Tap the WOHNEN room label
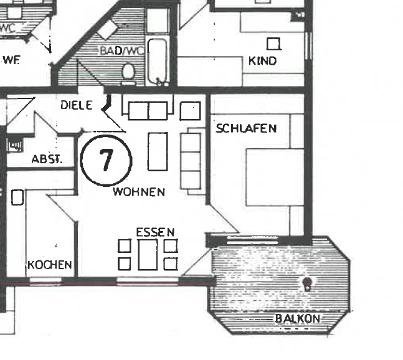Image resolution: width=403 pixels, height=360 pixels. tap(139, 192)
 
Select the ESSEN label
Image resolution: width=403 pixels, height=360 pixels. tap(155, 232)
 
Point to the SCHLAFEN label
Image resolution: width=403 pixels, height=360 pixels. tap(246, 129)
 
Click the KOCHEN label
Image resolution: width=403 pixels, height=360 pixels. tap(50, 265)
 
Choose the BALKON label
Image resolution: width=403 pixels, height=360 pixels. tap(297, 318)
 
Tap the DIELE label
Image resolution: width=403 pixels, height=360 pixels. tap(76, 105)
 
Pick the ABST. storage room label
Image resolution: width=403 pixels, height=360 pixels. tap(47, 159)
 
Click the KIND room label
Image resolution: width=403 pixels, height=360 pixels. tap(262, 61)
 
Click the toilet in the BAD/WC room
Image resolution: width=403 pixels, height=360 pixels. tap(128, 72)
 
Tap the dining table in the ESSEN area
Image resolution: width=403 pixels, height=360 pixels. tap(148, 255)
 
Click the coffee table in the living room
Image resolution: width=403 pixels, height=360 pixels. tap(158, 151)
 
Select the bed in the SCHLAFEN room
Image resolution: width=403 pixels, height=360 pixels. tap(275, 177)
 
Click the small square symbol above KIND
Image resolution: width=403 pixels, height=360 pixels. tap(273, 44)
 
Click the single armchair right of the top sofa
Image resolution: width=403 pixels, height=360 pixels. tap(189, 111)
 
